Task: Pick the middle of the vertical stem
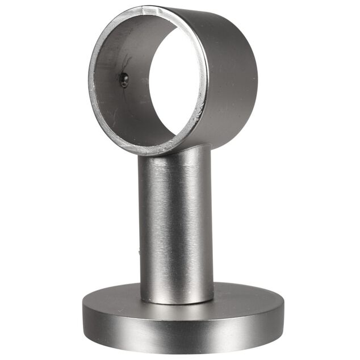click(177, 227)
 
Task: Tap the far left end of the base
click(83, 315)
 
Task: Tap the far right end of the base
click(282, 312)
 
